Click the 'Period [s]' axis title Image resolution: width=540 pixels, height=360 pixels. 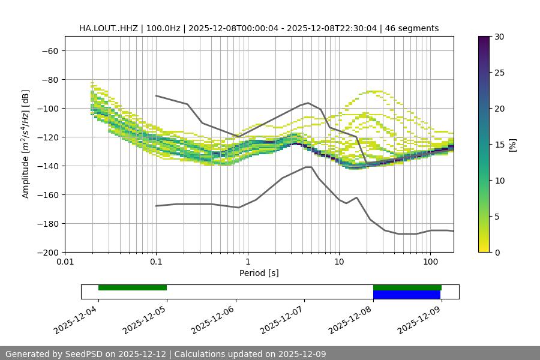pyautogui.click(x=259, y=273)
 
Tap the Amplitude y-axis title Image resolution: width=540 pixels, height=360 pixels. pyautogui.click(x=26, y=144)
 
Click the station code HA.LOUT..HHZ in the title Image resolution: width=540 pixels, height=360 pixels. pyautogui.click(x=109, y=28)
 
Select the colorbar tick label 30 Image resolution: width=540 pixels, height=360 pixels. pyautogui.click(x=499, y=37)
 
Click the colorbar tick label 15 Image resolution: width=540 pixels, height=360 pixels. pyautogui.click(x=499, y=145)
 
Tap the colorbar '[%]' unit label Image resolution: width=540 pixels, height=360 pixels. pyautogui.click(x=512, y=145)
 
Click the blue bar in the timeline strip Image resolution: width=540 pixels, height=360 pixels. pyautogui.click(x=407, y=295)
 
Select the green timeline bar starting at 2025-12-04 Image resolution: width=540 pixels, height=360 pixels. pyautogui.click(x=133, y=287)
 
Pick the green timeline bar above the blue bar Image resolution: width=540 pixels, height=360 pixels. pyautogui.click(x=407, y=287)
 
